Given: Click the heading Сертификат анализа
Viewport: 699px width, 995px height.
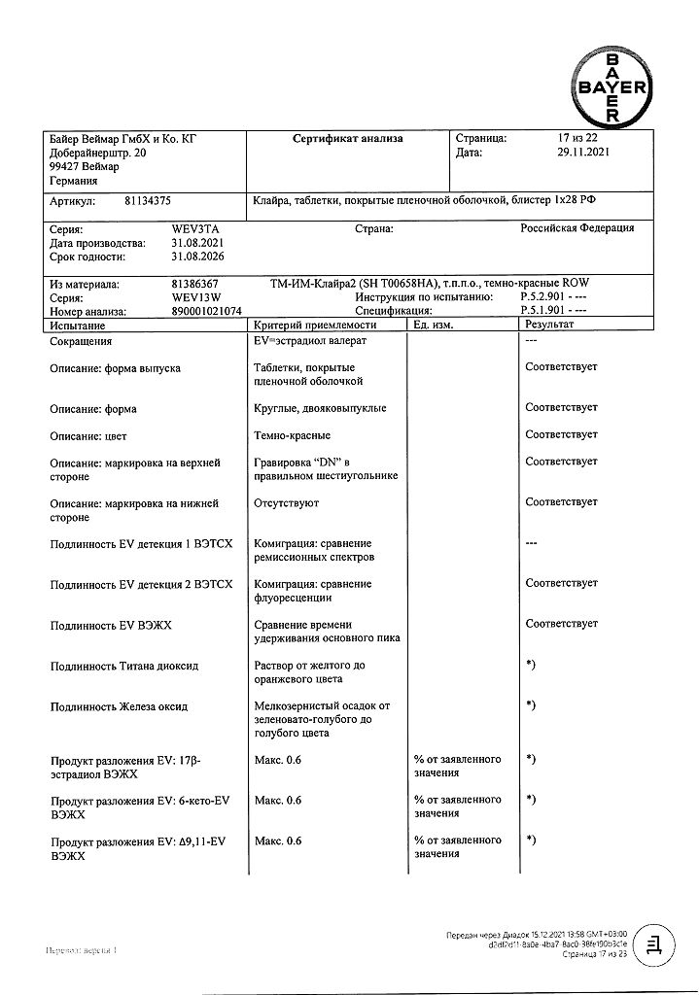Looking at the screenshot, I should pos(348,139).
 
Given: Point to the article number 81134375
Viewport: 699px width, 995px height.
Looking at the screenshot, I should pos(148,201).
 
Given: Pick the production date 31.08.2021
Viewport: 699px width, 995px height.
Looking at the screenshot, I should pos(198,243).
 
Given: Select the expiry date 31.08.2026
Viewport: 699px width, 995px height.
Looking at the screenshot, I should pos(198,257).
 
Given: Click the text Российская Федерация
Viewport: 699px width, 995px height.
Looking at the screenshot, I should pos(577,228).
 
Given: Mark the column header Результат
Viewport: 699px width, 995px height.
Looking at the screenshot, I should pos(549,326).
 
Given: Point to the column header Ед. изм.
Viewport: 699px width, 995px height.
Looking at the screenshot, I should pos(434,326).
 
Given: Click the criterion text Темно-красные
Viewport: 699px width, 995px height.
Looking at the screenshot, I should pos(292,435).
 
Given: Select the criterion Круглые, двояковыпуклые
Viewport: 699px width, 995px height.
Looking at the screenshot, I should pos(320,408).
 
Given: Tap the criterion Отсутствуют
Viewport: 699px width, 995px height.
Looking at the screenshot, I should pos(286,503).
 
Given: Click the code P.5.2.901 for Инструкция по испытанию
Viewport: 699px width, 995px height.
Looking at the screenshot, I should pos(545,297).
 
